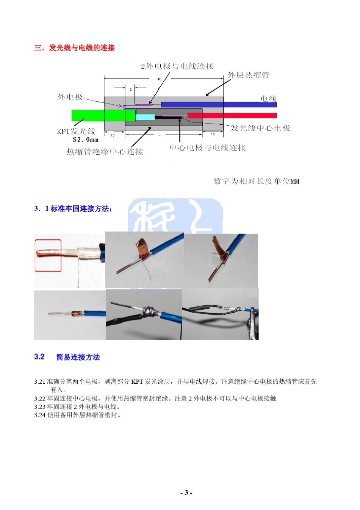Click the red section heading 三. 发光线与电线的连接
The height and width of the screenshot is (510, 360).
[x=75, y=48]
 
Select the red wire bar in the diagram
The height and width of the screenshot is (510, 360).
[x=232, y=115]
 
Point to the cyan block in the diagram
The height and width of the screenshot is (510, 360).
[x=145, y=117]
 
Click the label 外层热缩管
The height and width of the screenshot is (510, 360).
[x=249, y=75]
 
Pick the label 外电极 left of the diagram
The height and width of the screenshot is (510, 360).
[x=70, y=97]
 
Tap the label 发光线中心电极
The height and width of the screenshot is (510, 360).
[x=260, y=128]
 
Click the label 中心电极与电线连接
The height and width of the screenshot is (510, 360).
[x=207, y=148]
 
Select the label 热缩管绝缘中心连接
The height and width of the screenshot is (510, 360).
[x=105, y=152]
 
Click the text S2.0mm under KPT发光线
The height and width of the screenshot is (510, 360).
[x=86, y=140]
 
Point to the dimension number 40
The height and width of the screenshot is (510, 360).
[x=160, y=79]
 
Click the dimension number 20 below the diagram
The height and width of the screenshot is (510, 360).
[x=161, y=135]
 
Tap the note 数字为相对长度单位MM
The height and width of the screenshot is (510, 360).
[x=256, y=181]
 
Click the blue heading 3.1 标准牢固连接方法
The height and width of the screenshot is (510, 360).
[x=73, y=209]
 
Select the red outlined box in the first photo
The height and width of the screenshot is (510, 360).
[x=48, y=256]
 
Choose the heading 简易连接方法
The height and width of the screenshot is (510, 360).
[x=78, y=357]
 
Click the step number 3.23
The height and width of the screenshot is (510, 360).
[x=40, y=407]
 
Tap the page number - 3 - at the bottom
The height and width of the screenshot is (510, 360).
[x=186, y=493]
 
